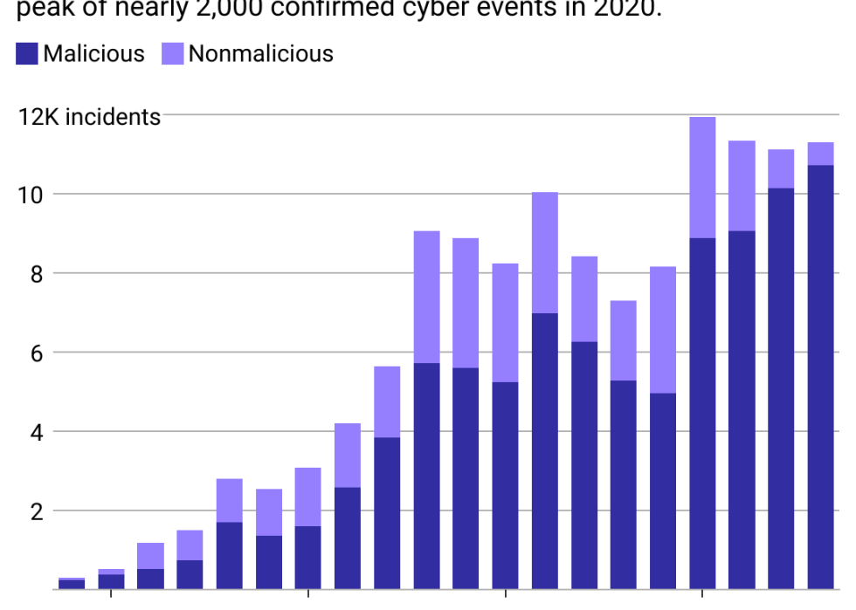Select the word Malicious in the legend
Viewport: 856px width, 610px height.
tap(93, 54)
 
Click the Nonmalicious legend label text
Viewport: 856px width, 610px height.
tap(261, 54)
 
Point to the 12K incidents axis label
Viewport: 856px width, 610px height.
tap(89, 117)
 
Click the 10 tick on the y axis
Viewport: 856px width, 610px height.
tap(31, 194)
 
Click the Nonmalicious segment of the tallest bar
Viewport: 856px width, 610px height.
tap(702, 177)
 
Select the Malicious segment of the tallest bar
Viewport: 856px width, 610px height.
tap(702, 414)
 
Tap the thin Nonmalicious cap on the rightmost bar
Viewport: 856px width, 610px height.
tap(820, 154)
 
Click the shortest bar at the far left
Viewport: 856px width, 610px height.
tap(72, 584)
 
